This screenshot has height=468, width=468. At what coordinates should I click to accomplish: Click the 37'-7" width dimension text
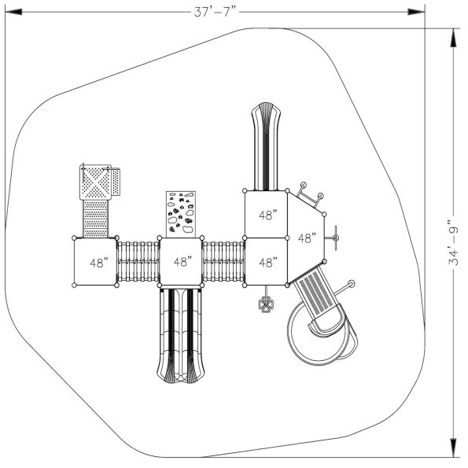(x=215, y=13)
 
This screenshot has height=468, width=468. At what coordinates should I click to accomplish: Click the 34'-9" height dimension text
(x=453, y=242)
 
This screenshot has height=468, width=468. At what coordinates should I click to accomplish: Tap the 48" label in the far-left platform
(x=99, y=263)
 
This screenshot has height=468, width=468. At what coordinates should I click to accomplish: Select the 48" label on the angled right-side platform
(x=307, y=238)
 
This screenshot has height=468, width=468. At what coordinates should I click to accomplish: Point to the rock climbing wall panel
(x=181, y=214)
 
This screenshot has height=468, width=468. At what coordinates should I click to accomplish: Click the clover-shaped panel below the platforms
(x=266, y=304)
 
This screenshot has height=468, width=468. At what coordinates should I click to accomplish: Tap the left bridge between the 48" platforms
(x=138, y=262)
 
